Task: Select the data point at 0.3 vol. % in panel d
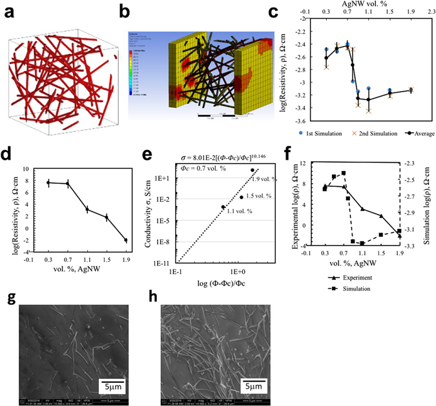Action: [x=48, y=183]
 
